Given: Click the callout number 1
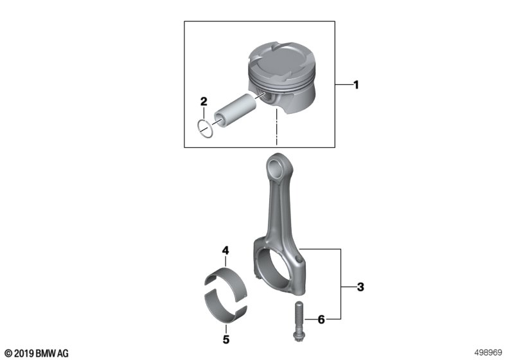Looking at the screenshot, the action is click(356, 85).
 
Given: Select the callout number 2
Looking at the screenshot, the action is click(204, 102).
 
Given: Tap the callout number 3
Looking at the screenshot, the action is click(360, 287).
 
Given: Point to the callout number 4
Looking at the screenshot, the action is click(226, 251).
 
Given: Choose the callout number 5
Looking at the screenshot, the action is click(226, 339).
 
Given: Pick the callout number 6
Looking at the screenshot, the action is click(321, 319).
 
